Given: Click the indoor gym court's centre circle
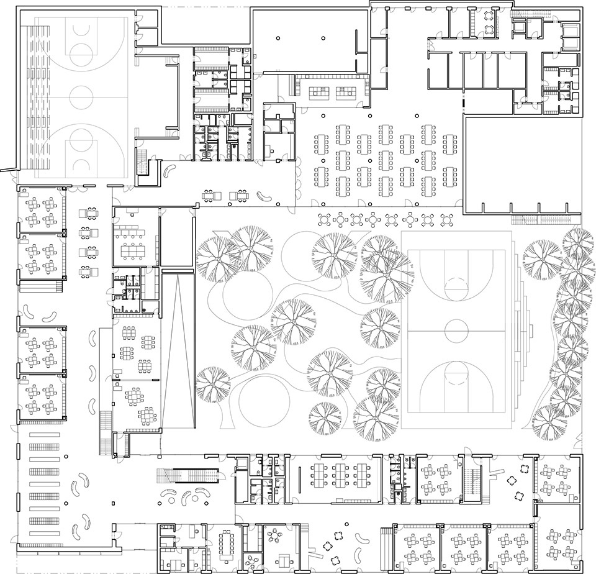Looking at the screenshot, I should tap(80, 96).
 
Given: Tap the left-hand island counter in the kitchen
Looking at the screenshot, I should tap(320, 93).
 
